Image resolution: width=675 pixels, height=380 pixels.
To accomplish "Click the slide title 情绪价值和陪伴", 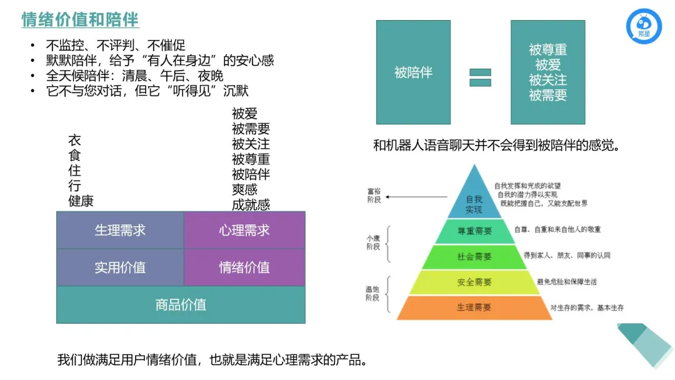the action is click(80, 19).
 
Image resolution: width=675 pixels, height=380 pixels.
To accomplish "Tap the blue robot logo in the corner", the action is click(644, 27).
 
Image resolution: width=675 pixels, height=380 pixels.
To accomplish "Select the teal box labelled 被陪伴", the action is click(413, 72).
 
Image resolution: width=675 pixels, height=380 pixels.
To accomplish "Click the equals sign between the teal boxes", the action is click(480, 77).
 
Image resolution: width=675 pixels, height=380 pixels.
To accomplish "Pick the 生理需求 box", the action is click(120, 230).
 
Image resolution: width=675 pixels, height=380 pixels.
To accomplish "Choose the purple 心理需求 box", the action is click(244, 230).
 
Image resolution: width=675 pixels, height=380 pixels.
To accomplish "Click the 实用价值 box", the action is click(120, 267).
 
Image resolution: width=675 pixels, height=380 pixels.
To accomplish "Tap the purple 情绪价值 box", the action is click(244, 267).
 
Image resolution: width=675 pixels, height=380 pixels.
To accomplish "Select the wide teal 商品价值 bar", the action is click(181, 305).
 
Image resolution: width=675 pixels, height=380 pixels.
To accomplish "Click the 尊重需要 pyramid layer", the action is click(474, 231).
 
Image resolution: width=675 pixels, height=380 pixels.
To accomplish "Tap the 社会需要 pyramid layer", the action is click(474, 256).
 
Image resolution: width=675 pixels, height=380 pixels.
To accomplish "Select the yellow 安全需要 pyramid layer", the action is click(474, 282).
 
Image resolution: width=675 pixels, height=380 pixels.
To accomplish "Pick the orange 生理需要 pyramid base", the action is click(474, 307).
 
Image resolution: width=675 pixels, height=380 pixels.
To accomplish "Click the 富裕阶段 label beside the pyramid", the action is click(373, 195).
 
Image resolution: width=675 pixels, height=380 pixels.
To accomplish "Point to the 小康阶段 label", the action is click(373, 243).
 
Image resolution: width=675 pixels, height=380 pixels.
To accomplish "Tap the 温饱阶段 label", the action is click(373, 294).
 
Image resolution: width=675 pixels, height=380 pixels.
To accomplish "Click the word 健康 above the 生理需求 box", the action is click(81, 201).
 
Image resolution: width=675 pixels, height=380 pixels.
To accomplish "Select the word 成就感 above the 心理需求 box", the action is click(251, 204).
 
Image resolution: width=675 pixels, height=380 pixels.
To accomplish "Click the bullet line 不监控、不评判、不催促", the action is click(116, 45).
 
